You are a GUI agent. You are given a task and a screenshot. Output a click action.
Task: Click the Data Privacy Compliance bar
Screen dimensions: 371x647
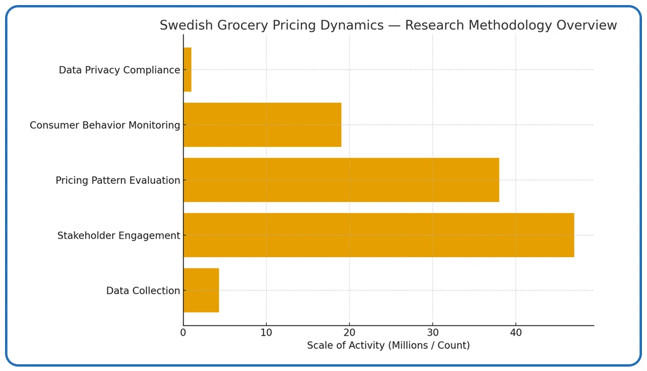pos(187,70)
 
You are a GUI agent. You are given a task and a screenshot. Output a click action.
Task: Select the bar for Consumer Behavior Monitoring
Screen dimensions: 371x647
pos(262,125)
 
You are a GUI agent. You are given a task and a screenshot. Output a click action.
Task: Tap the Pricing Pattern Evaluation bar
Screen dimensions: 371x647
pos(341,180)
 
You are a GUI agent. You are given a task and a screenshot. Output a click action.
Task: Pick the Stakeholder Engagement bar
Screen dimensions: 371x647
pos(378,235)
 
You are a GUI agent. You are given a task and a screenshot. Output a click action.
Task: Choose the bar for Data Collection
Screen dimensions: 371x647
pos(201,290)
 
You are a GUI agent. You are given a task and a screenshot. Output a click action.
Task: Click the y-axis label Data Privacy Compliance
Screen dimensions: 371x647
pos(119,70)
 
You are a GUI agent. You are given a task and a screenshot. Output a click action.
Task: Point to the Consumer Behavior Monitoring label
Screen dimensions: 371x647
pos(105,125)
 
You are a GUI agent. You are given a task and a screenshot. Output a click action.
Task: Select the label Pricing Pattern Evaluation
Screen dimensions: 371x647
pos(118,181)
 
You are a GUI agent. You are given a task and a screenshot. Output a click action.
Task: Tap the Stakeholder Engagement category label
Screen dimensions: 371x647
pos(119,236)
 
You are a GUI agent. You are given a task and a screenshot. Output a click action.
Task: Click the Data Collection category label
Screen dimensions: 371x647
pos(143,291)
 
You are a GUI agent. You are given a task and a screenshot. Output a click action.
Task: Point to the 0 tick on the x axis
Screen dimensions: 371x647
pos(184,333)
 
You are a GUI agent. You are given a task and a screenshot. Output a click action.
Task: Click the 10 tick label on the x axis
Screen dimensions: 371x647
pos(266,333)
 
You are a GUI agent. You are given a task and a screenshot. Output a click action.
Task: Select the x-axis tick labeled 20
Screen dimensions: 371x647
pos(349,333)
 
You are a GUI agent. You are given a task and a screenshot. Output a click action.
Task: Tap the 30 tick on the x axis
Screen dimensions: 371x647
pos(433,333)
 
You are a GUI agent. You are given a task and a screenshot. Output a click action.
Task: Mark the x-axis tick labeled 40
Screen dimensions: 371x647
pos(516,333)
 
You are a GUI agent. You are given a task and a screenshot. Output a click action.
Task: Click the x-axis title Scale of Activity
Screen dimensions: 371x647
pos(388,346)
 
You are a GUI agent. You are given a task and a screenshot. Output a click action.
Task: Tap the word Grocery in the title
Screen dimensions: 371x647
pos(237,26)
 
